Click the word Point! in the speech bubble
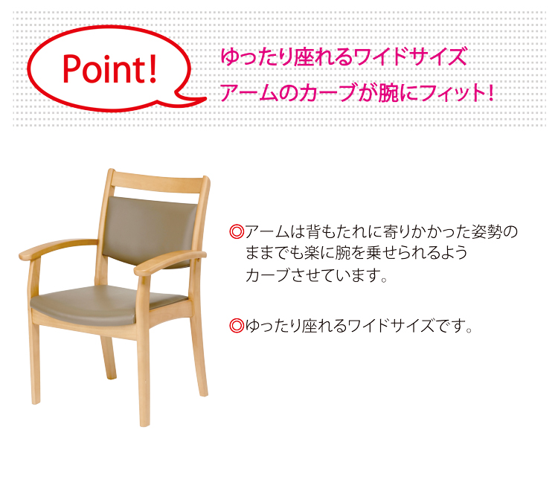110,69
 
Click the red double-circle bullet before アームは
237,231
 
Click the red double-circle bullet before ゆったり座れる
237,325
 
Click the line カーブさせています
316,274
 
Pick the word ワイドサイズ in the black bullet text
391,325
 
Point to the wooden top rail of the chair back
158,182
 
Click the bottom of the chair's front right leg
144,422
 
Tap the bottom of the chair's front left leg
36,399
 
